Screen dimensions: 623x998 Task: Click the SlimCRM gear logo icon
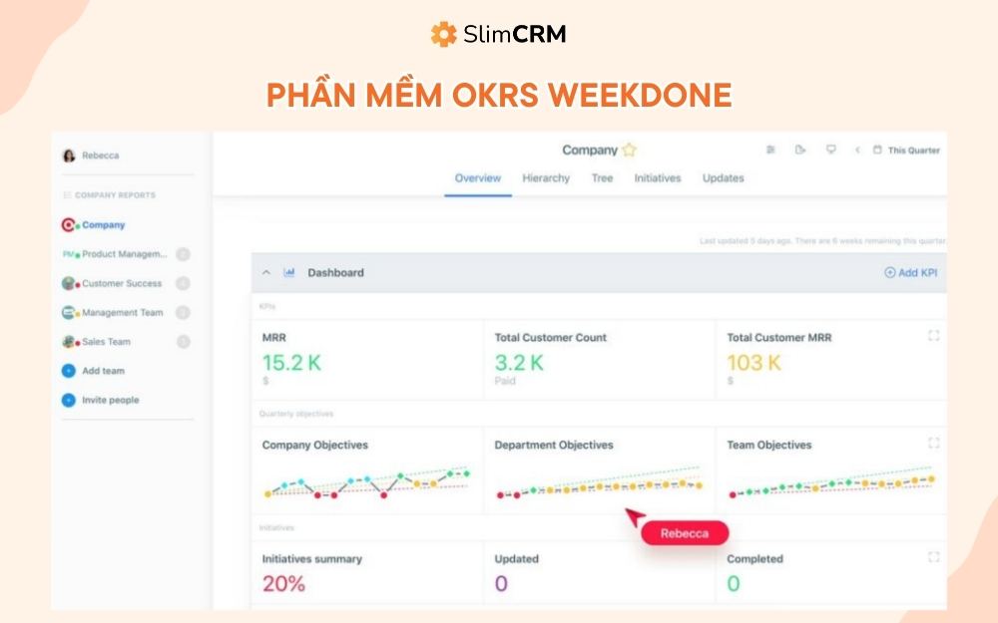[x=443, y=34]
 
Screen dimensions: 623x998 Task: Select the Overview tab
[x=477, y=178]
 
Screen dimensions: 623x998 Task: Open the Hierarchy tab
[x=546, y=178]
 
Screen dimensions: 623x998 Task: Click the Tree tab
[x=602, y=178]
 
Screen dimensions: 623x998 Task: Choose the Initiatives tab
[x=658, y=178]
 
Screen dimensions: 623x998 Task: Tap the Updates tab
[x=723, y=178]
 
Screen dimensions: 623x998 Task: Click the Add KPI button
[x=910, y=272]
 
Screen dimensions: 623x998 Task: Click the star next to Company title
[x=629, y=151]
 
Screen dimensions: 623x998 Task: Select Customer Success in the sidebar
[x=121, y=283]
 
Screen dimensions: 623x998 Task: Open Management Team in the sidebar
[x=122, y=312]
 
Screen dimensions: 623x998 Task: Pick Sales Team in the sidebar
[x=106, y=342]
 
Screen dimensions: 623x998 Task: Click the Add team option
[x=103, y=371]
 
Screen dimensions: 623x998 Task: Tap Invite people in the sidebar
[x=110, y=400]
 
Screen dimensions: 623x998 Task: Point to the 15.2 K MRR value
[x=291, y=363]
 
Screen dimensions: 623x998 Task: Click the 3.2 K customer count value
[x=519, y=363]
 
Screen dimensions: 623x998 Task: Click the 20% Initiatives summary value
[x=283, y=584]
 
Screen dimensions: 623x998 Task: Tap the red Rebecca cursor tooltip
[x=684, y=533]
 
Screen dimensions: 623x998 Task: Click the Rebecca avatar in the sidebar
[x=69, y=156]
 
